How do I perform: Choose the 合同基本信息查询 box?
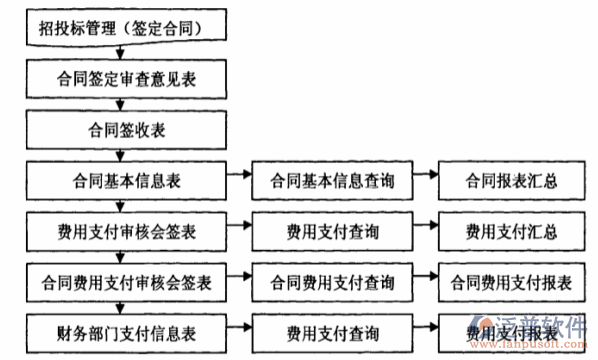(x=331, y=182)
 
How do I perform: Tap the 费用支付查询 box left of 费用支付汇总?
(x=331, y=232)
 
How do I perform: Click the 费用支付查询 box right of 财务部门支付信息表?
(x=331, y=331)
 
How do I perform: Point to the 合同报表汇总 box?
(x=511, y=182)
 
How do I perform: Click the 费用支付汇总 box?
(x=511, y=232)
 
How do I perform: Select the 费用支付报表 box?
(x=511, y=331)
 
